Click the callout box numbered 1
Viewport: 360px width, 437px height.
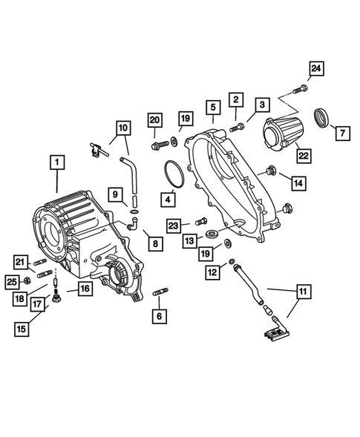tap(56, 161)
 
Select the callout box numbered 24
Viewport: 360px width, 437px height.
tap(317, 69)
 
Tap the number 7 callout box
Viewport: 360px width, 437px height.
tap(342, 134)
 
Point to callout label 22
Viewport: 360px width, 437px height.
tap(302, 155)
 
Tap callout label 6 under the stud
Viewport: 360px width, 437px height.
tap(158, 315)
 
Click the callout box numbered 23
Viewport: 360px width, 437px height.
tap(173, 225)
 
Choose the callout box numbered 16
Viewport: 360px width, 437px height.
tap(86, 289)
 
